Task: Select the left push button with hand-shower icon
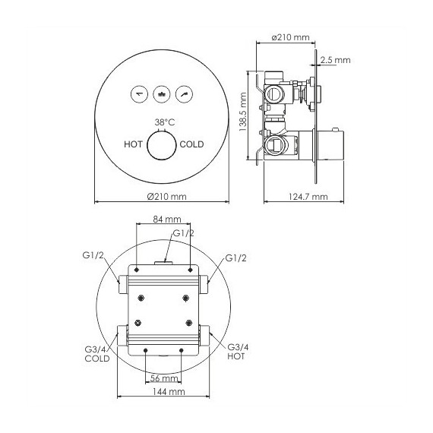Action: (140, 95)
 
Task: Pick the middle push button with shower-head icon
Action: (161, 95)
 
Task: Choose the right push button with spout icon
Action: (183, 95)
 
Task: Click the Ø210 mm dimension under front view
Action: (163, 197)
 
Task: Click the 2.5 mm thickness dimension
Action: (336, 58)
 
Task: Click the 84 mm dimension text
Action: (162, 219)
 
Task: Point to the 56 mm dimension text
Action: (163, 378)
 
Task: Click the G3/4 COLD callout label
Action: (96, 353)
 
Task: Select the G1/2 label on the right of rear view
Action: (235, 259)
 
